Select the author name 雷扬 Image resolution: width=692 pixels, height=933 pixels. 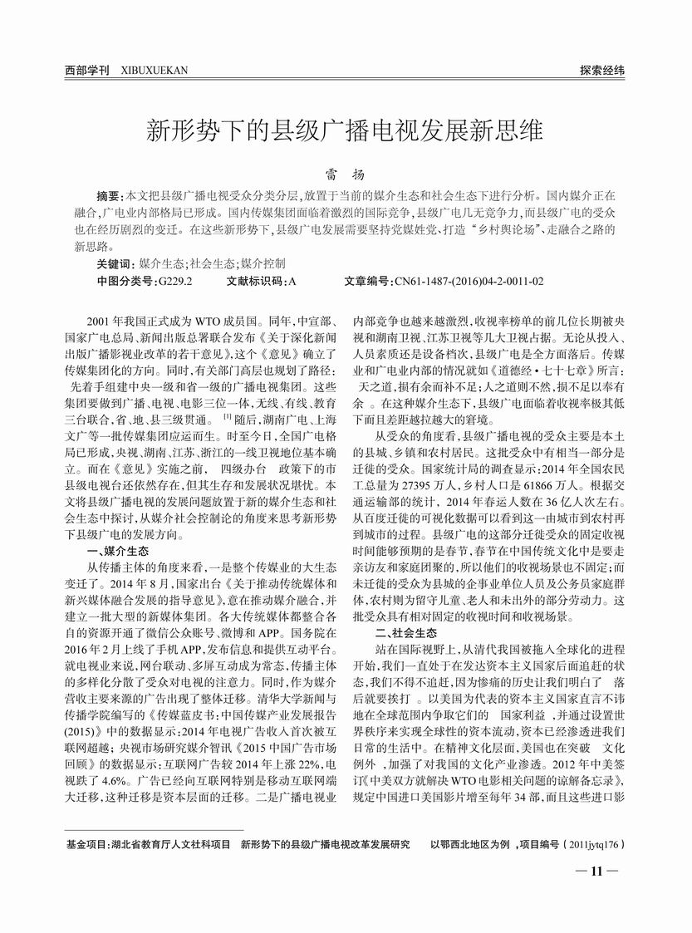point(345,176)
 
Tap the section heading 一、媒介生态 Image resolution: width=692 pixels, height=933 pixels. point(118,551)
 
